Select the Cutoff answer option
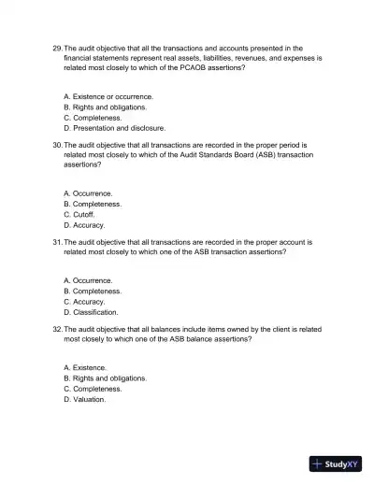[79, 214]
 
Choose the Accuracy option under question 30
[84, 225]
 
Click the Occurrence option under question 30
[88, 193]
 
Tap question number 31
[57, 242]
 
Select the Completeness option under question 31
[93, 291]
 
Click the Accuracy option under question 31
[84, 301]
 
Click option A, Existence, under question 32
[85, 367]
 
